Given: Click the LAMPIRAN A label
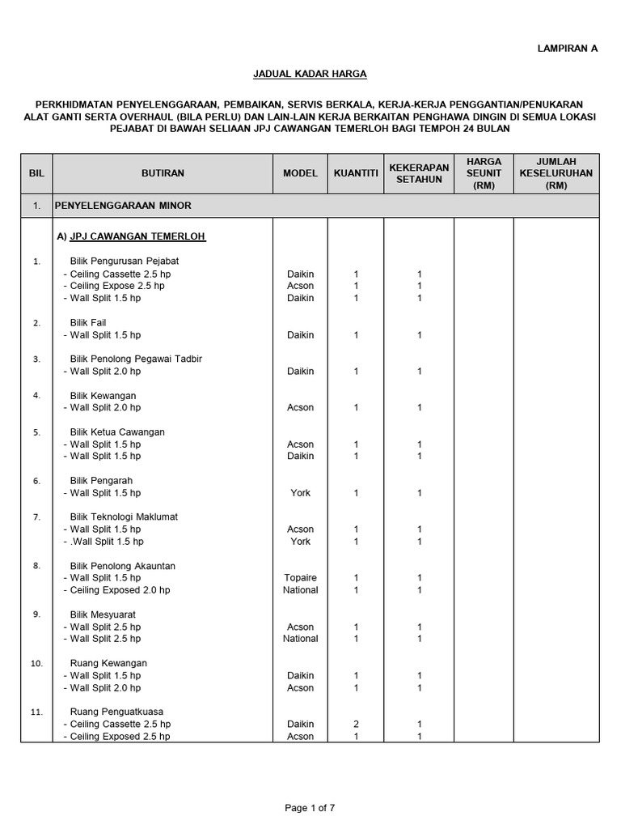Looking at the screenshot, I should point(568,49).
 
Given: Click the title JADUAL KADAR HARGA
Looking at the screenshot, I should point(311,74).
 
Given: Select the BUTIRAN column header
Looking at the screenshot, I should point(163,173).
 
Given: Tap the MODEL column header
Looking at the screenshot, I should point(300,173).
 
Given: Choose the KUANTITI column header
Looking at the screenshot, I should point(356,173).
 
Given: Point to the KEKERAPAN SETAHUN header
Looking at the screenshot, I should point(419,173).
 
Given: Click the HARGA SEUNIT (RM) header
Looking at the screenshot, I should point(484,173).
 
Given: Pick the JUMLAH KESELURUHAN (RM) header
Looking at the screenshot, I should point(556,173).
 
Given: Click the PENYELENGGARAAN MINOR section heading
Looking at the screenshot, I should point(124,206).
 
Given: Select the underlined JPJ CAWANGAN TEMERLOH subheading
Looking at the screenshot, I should point(131,237).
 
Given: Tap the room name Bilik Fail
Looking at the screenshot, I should point(88,322).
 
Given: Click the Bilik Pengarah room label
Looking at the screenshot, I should point(101,480).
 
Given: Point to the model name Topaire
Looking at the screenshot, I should point(300,578).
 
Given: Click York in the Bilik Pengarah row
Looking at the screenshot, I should point(300,493).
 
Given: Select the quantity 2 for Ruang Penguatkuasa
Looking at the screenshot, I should point(356,724).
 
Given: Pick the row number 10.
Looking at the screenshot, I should point(36,663).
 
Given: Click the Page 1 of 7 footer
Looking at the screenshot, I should point(310,808).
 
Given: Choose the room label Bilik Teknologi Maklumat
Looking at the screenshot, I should point(124,517).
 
